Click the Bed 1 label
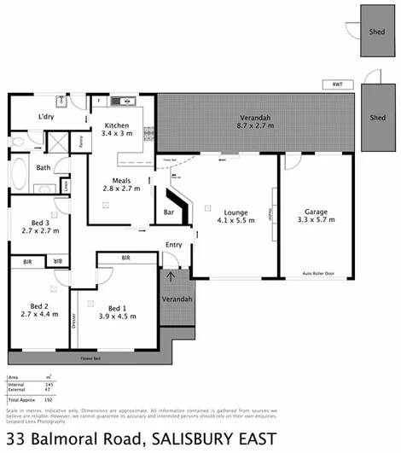point(117,307)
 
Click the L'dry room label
point(46,118)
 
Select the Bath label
point(43,168)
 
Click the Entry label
point(173,245)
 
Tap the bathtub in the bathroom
point(21,175)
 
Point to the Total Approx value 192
point(48,400)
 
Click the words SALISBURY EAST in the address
point(213,439)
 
